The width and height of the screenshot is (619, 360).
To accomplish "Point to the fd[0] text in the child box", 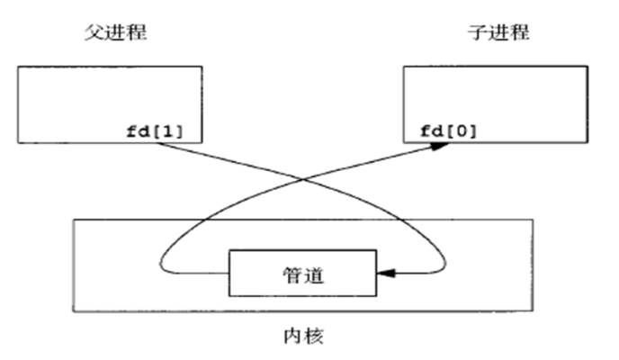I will [448, 130].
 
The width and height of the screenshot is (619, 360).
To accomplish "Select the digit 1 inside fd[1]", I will [174, 130].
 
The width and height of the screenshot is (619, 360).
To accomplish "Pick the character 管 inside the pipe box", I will [291, 272].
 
